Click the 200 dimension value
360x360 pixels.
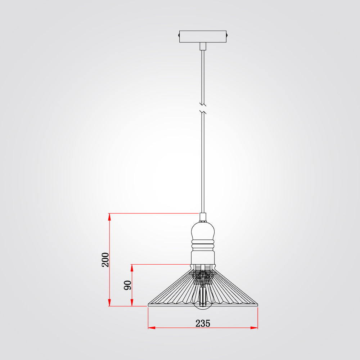105,260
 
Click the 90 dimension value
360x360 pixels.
128,285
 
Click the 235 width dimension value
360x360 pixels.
203,323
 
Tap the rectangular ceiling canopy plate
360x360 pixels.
203,36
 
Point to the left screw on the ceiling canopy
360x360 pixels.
179,35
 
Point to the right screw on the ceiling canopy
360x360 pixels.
227,35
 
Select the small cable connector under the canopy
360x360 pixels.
203,46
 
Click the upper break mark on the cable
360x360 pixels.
203,104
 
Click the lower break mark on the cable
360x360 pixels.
203,112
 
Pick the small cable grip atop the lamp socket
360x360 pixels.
203,217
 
